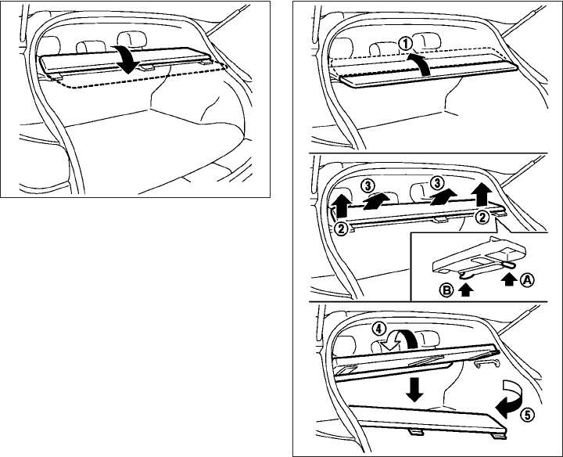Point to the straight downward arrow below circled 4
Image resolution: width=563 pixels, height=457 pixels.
pos(415,388)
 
